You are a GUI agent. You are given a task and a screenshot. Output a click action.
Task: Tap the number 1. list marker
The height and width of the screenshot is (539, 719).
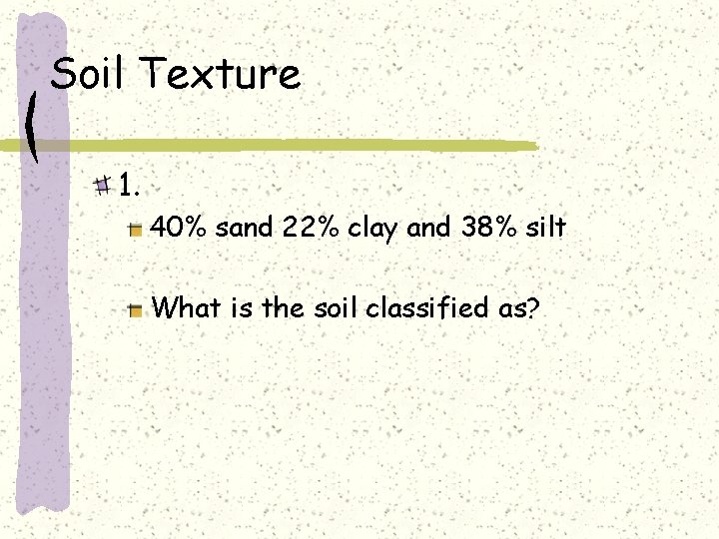pos(129,185)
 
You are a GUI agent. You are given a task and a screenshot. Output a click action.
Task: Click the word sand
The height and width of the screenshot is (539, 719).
pos(245,228)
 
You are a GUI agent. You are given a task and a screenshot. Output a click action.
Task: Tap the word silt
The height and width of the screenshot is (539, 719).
pos(546,228)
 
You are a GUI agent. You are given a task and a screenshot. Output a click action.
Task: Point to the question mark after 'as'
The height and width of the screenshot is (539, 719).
pos(534,307)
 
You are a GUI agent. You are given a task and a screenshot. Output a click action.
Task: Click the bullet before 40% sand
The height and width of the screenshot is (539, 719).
pos(135,230)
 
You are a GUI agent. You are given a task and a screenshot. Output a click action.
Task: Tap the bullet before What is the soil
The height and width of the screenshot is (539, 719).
pos(135,310)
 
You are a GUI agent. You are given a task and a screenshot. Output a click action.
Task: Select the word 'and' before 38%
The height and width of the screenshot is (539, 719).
pos(430,228)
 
